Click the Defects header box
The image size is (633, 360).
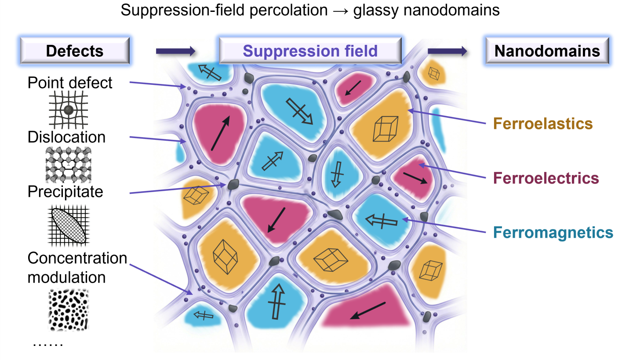(x=74, y=51)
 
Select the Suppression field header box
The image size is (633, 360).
(x=310, y=51)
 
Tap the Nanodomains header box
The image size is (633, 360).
(x=547, y=51)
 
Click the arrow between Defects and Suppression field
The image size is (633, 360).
(x=175, y=51)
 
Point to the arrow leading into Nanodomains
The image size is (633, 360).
(x=447, y=51)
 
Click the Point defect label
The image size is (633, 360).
(x=70, y=83)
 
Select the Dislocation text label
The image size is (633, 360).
(x=66, y=137)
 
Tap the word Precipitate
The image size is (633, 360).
(x=65, y=192)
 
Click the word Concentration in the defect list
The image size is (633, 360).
(x=77, y=258)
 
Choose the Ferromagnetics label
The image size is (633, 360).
(x=553, y=232)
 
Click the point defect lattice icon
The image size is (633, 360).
(x=68, y=109)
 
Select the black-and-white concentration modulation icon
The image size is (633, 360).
(x=68, y=309)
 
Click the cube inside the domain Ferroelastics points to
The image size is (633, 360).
(x=386, y=128)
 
